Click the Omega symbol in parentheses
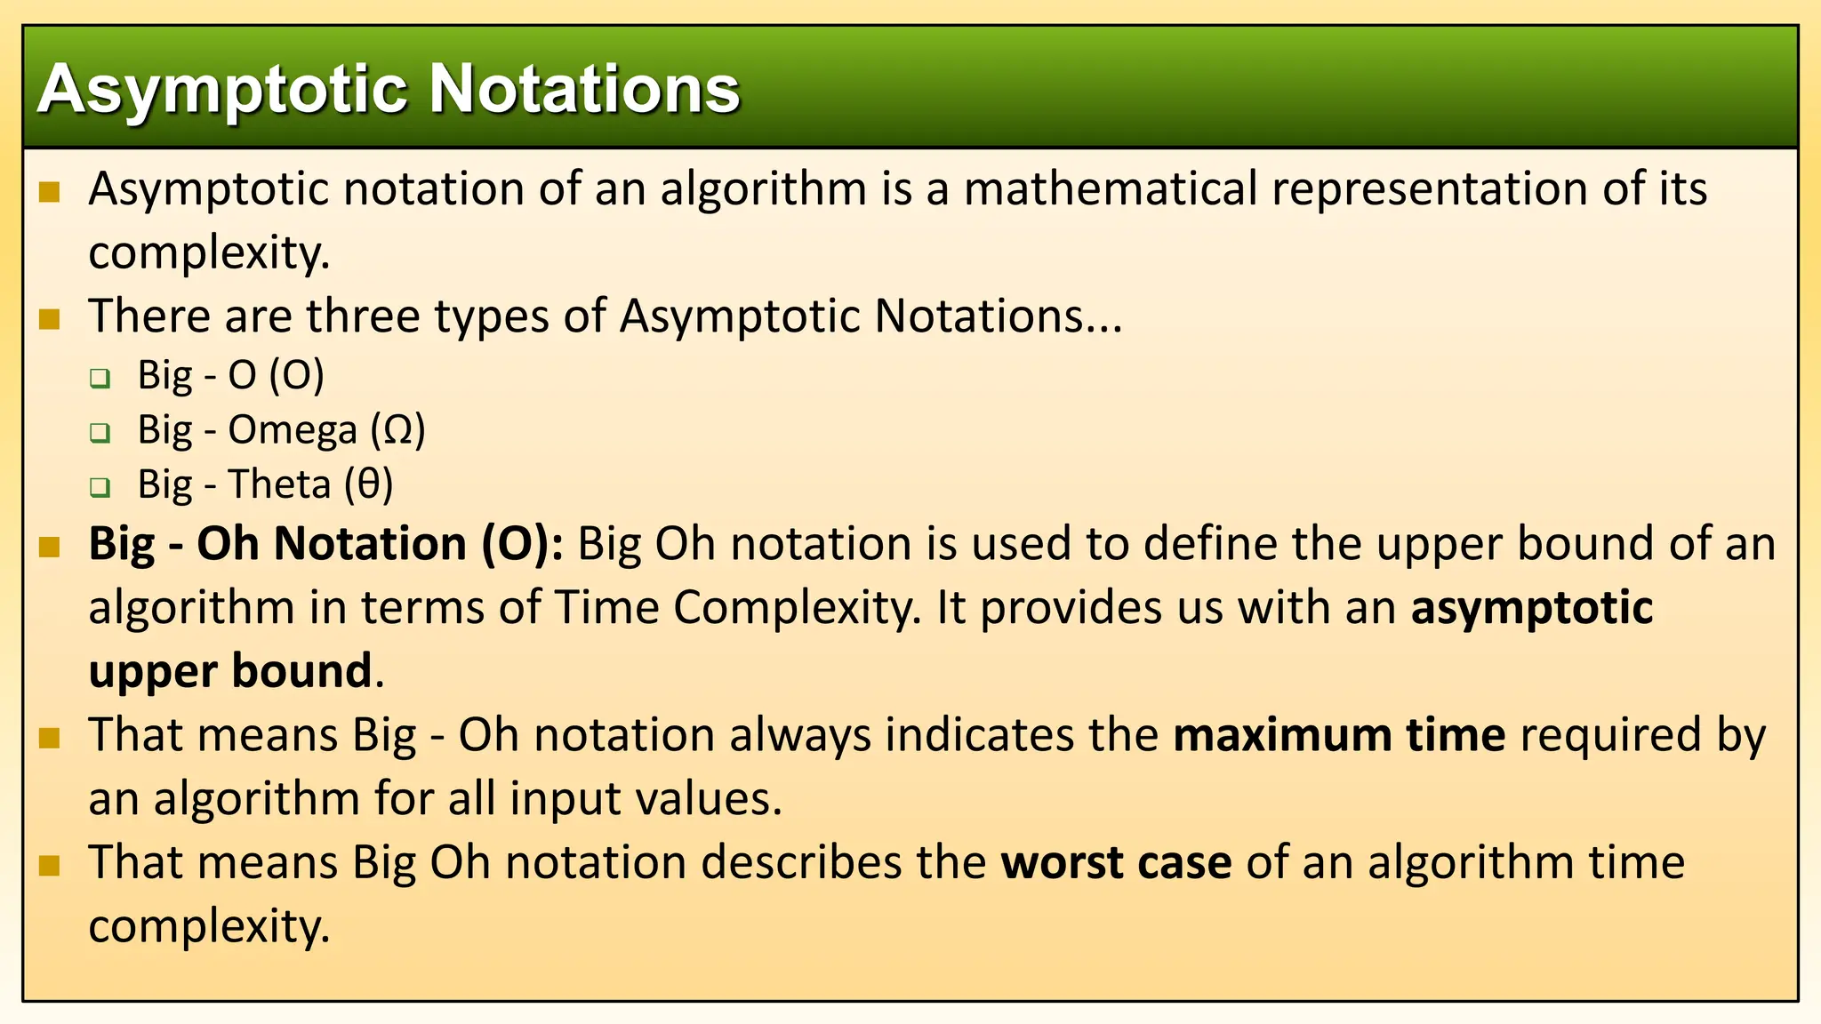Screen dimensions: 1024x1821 398,430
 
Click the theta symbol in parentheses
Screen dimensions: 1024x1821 368,484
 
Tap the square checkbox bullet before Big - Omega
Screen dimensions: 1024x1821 100,433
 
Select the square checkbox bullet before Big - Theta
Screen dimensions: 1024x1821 100,487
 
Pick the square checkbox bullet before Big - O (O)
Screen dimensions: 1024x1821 100,379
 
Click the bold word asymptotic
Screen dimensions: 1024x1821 1531,609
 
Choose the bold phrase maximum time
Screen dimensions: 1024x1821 1338,736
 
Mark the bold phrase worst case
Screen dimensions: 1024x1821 1116,863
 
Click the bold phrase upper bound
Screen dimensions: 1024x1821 230,671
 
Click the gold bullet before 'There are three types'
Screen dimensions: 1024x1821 50,318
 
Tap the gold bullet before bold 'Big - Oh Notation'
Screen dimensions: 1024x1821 50,546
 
